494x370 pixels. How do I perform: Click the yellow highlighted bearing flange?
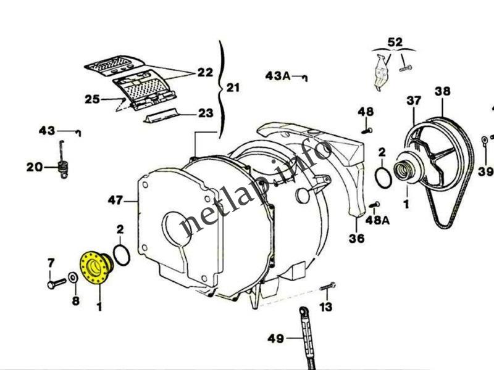coord(94,268)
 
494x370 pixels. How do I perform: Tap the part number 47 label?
coord(114,200)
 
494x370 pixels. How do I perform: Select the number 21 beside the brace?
coord(233,88)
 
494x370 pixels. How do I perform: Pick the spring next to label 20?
coord(61,166)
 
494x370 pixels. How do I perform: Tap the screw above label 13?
coord(327,286)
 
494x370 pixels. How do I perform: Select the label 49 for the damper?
coord(276,338)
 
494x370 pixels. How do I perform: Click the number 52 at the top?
coord(395,43)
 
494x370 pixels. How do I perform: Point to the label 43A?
coord(278,75)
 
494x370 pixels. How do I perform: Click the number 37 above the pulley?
coord(414,100)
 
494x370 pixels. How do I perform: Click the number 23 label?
coord(206,113)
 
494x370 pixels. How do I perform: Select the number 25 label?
coord(93,98)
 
